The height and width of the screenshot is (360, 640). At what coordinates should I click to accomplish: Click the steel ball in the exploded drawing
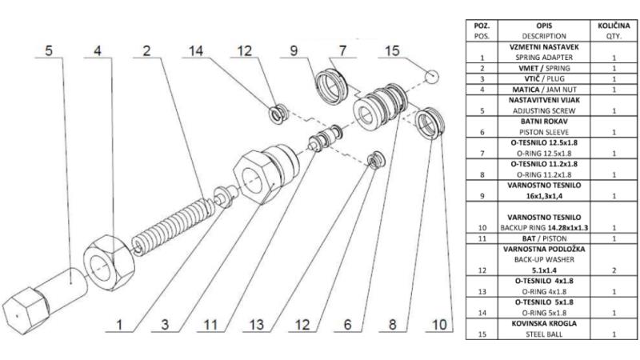[x=433, y=77]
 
